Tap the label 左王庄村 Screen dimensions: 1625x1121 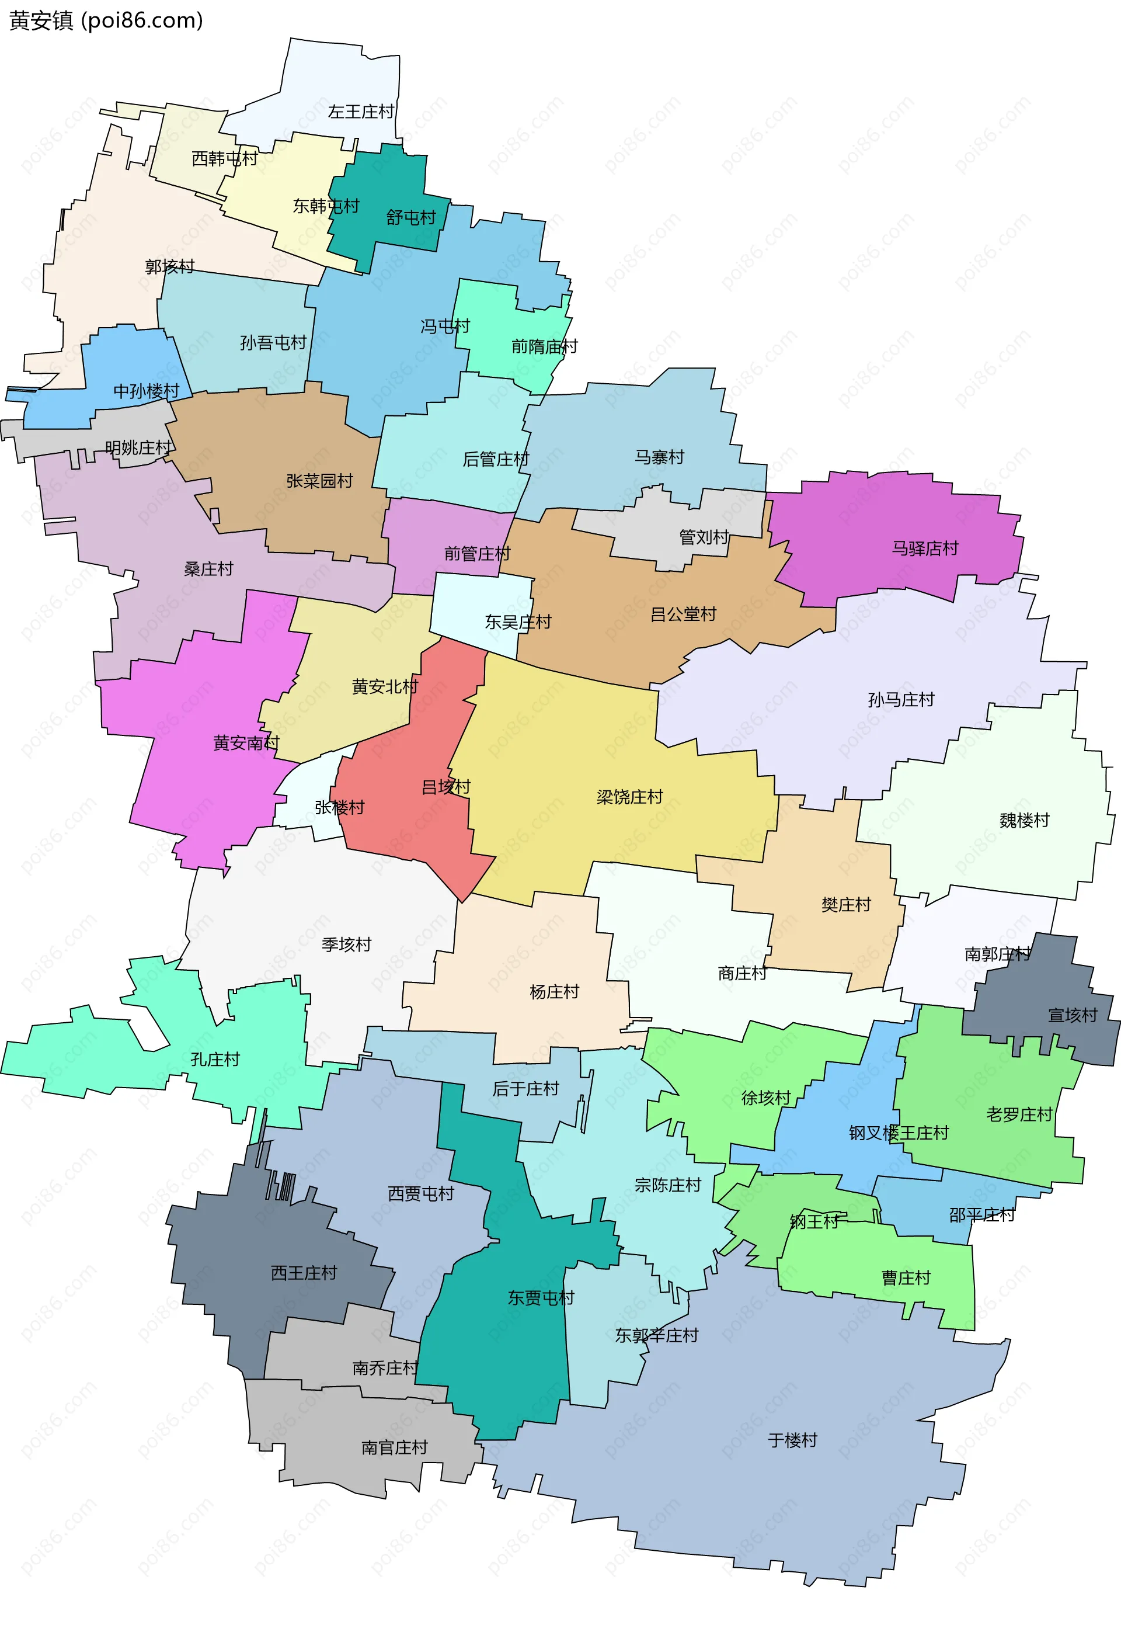(361, 112)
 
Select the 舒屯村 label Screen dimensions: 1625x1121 (411, 218)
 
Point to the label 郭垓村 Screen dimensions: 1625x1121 (169, 267)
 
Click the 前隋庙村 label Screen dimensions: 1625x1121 (544, 346)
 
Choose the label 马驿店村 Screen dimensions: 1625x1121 (924, 548)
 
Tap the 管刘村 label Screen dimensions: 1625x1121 (703, 537)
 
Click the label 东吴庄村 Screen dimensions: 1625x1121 (518, 623)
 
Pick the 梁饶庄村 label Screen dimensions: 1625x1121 (629, 797)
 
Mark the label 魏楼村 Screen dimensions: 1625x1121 (1023, 821)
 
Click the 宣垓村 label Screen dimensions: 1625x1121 (1072, 1016)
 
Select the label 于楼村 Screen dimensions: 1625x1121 (792, 1441)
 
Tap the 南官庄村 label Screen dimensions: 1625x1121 (394, 1448)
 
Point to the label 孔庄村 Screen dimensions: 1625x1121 (215, 1060)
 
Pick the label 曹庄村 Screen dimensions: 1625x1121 (906, 1278)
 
